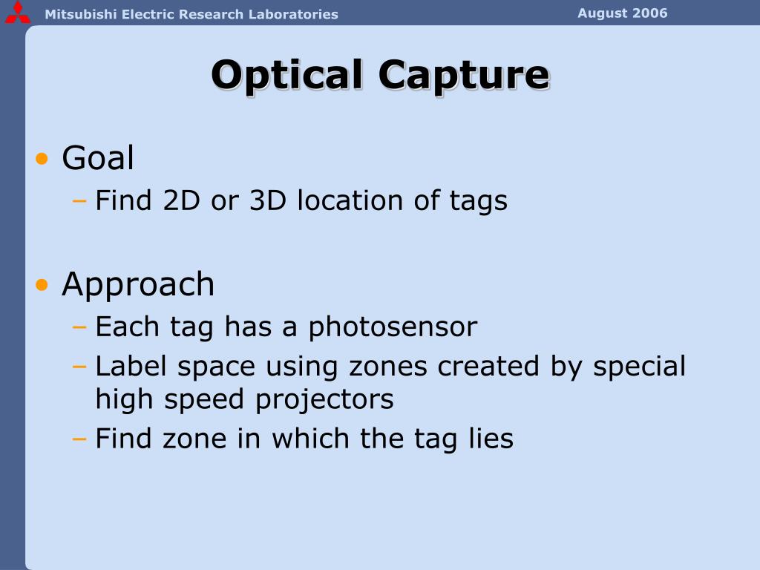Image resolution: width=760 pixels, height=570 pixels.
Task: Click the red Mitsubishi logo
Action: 17,13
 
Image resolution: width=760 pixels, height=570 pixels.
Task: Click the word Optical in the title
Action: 287,75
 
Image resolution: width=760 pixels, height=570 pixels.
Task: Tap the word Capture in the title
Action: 463,75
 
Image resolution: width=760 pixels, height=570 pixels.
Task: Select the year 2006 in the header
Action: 650,13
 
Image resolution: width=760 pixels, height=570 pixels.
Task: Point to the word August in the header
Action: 603,13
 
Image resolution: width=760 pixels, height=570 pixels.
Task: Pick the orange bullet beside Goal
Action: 43,159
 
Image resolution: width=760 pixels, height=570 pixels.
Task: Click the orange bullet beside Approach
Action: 43,285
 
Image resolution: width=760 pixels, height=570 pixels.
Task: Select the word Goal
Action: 98,158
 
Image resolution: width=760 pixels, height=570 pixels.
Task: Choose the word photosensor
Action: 393,327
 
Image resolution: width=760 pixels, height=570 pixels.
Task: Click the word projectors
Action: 325,399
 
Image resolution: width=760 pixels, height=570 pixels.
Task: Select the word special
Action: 639,366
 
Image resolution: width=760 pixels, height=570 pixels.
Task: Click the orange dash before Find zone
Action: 80,439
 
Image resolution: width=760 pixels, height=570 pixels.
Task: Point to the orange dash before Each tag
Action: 80,327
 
